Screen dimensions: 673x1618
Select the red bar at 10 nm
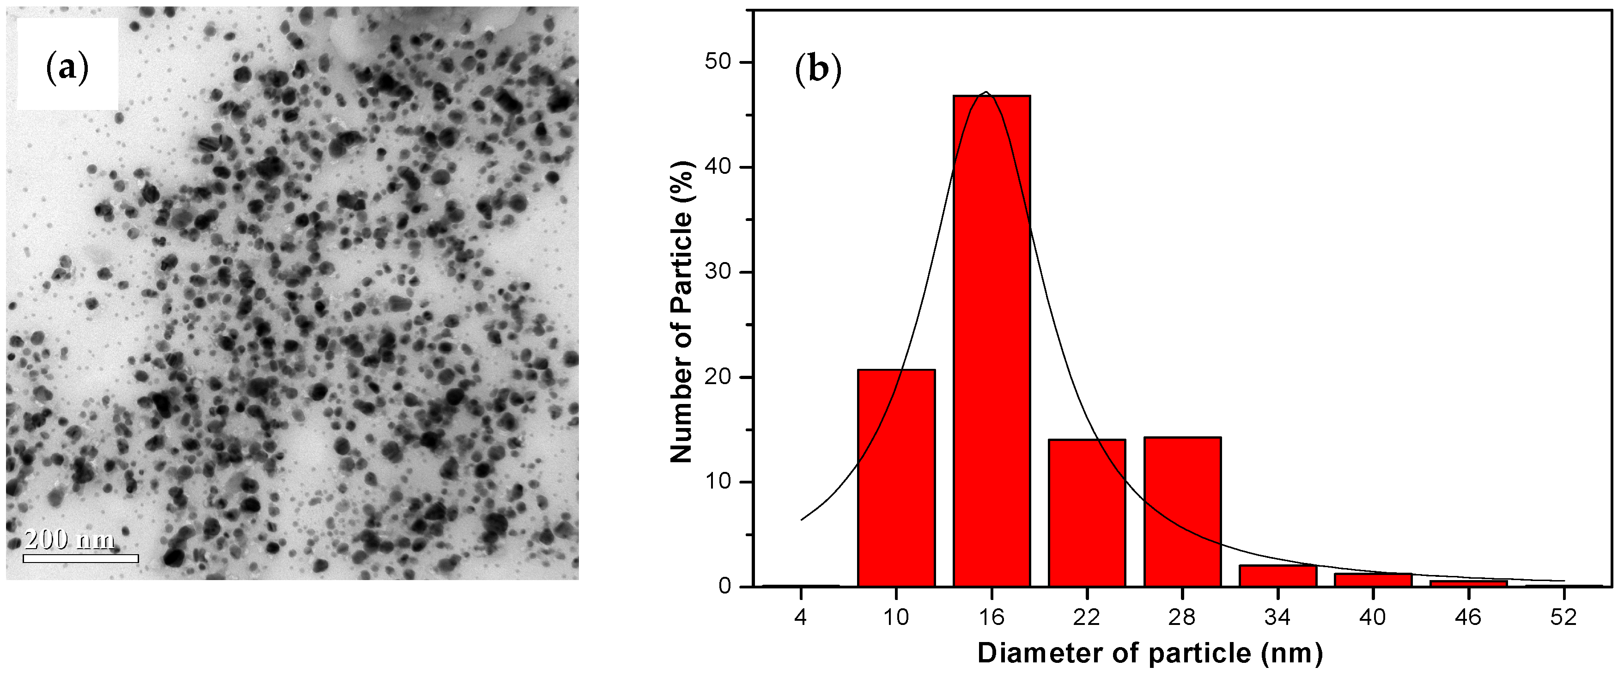(896, 477)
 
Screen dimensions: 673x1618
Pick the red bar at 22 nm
(1087, 513)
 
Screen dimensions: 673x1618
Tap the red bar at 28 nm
(1182, 512)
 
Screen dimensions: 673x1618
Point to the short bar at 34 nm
(1277, 575)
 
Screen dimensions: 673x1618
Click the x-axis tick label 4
(800, 618)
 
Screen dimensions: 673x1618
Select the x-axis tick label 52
(1563, 618)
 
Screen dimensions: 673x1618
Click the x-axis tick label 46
(1468, 618)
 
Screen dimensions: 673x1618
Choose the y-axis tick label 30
(718, 272)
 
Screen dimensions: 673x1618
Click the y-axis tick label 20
(718, 377)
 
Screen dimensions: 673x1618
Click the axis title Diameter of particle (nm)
(1150, 654)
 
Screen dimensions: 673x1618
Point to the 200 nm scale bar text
(69, 539)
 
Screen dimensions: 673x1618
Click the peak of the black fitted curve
(986, 92)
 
